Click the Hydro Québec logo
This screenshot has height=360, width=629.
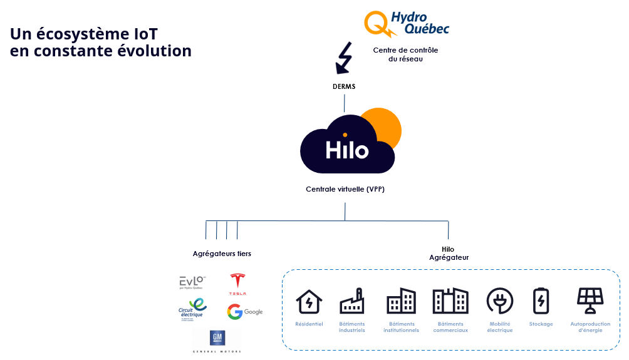point(407,23)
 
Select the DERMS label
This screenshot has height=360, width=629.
point(344,86)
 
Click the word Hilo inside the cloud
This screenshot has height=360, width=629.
point(346,150)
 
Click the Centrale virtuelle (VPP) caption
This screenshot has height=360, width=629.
point(345,188)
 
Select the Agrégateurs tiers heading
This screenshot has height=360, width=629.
point(222,254)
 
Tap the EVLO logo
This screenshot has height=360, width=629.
point(192,284)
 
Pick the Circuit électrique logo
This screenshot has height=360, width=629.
point(192,309)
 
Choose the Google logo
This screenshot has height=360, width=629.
point(245,312)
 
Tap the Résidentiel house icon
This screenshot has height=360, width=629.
point(309,301)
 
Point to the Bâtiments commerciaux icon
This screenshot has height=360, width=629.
point(450,301)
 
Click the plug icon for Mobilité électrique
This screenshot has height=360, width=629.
point(499,301)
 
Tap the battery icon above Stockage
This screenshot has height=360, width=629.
point(541,301)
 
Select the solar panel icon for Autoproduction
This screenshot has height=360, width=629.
point(590,301)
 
